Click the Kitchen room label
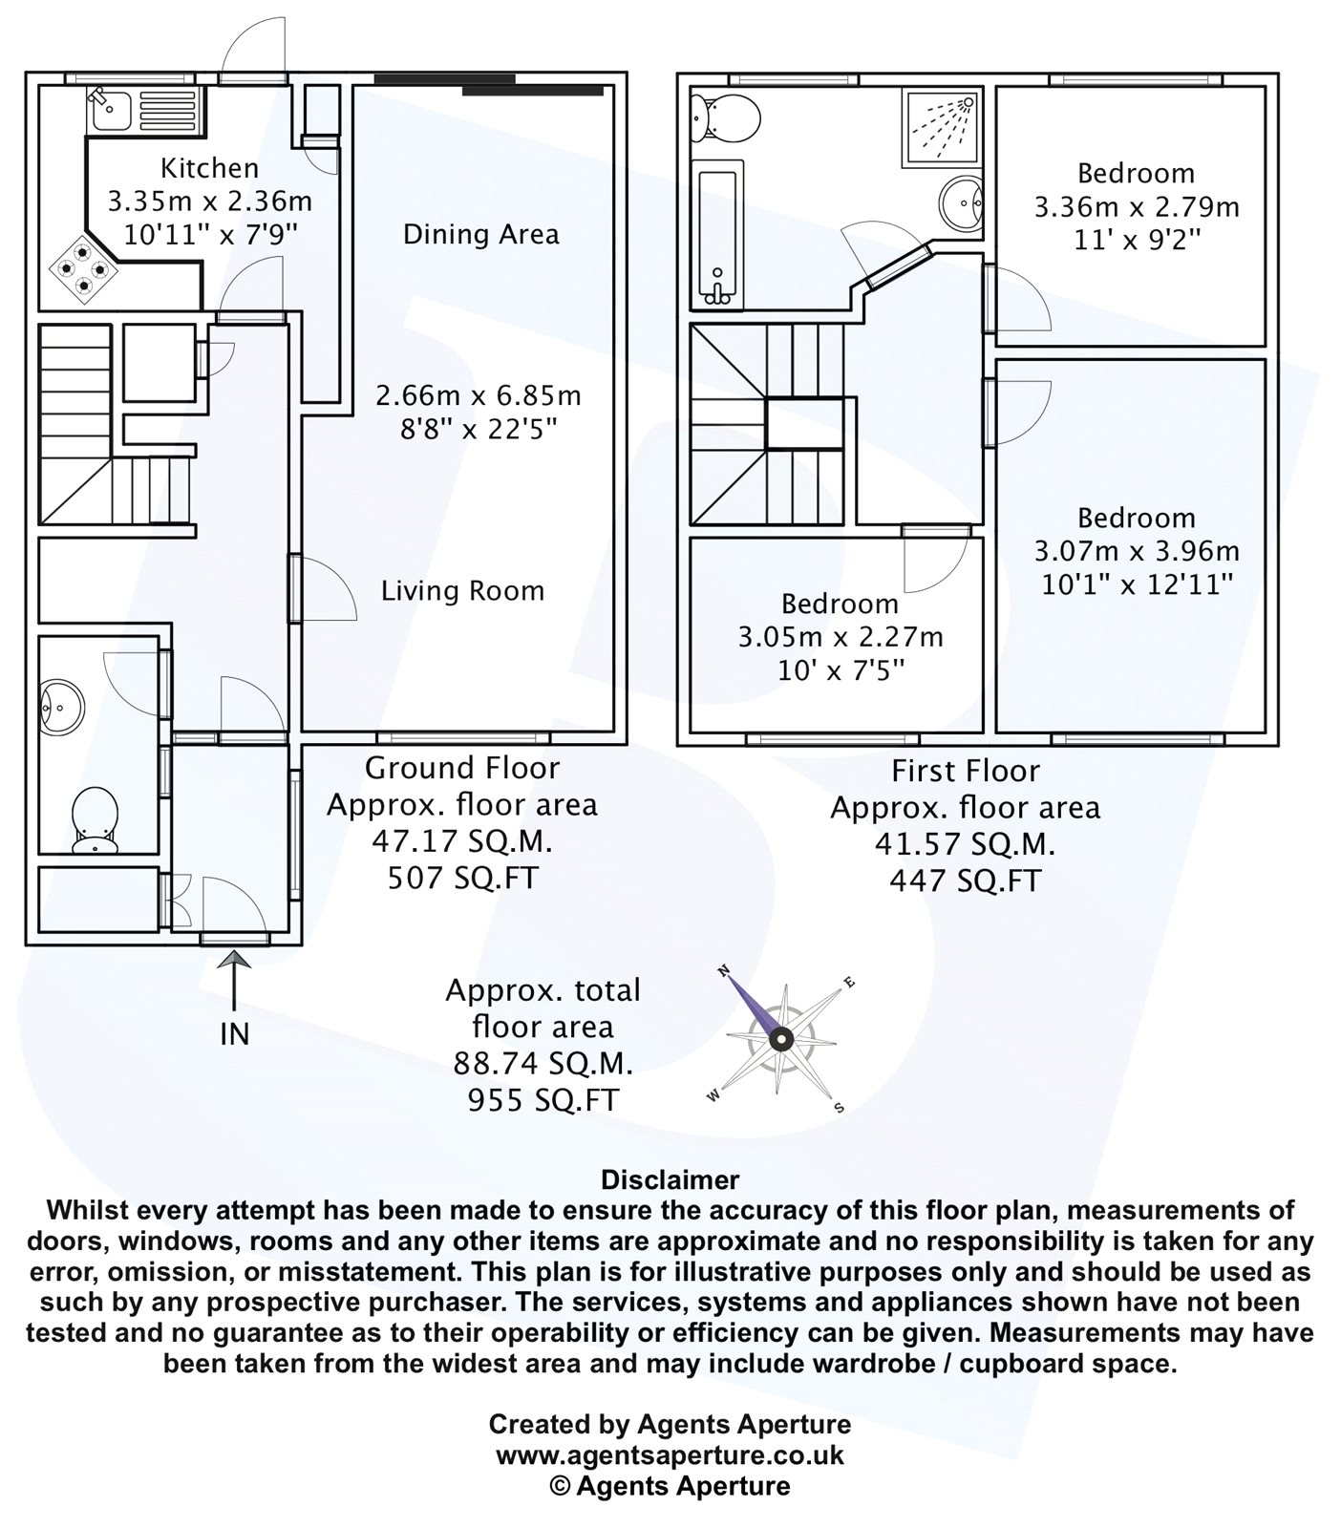[x=209, y=168]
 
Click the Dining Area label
[x=480, y=234]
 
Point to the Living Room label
[x=462, y=591]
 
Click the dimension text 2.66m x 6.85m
[x=478, y=394]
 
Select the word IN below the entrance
[x=234, y=1033]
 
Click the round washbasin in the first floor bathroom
[x=961, y=204]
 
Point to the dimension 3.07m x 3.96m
[x=1137, y=551]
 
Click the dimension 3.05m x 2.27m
[x=841, y=637]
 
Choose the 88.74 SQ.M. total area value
[x=543, y=1063]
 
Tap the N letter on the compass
[x=724, y=971]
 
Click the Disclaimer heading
[x=670, y=1179]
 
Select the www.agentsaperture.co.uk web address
[x=670, y=1455]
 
